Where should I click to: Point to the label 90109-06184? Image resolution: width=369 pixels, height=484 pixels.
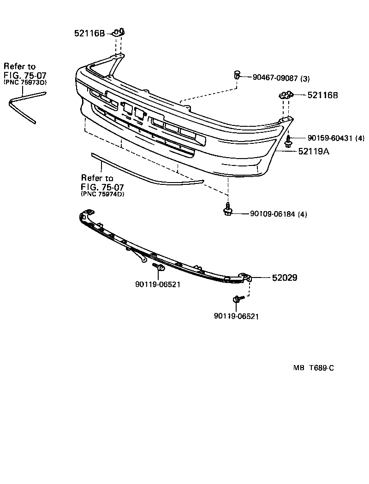272,214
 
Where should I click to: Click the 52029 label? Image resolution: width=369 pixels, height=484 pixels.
284,277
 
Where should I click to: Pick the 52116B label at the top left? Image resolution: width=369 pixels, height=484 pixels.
89,33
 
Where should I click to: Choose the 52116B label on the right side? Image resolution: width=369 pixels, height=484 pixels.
322,95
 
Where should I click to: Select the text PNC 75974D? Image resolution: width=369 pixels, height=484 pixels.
102,194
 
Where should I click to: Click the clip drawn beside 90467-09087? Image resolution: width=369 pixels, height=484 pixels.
237,75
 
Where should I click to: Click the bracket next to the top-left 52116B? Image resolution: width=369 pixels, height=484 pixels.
119,32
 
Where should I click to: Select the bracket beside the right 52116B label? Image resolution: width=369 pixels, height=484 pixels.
286,95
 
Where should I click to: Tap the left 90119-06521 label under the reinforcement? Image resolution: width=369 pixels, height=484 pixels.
158,284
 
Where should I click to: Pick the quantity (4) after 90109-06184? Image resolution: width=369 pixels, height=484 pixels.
302,214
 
